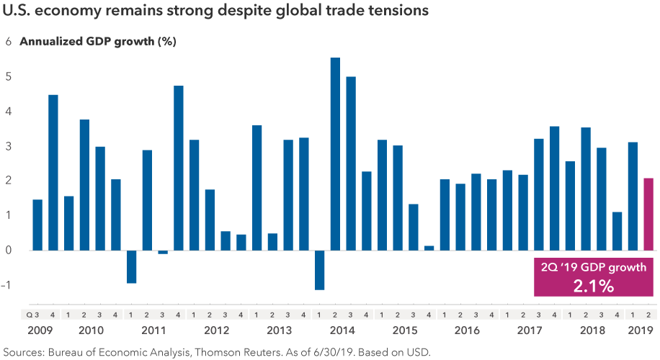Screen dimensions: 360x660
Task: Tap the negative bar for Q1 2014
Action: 319,270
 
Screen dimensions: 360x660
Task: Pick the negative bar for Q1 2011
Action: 131,266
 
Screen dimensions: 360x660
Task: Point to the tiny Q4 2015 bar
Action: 429,248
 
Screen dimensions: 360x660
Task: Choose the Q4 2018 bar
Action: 617,231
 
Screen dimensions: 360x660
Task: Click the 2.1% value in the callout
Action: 594,286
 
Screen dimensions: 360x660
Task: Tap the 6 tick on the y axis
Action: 9,42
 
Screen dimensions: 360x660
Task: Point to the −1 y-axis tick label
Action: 7,285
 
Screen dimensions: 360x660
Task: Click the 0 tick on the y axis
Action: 9,251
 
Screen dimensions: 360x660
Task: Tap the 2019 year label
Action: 641,330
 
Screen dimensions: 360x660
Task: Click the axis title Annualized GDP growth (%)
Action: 98,42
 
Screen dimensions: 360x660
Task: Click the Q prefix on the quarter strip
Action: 30,315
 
